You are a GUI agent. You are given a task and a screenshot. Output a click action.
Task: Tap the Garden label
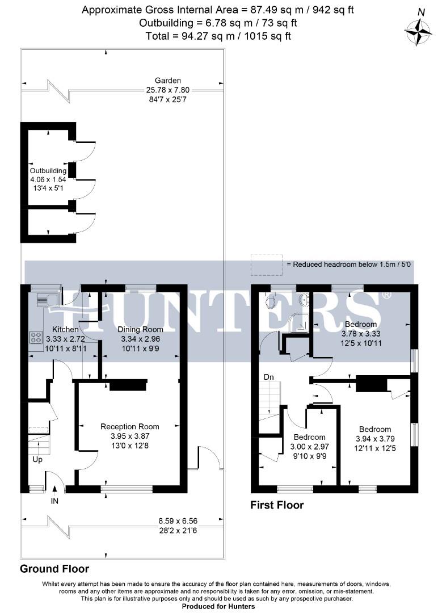pos(168,81)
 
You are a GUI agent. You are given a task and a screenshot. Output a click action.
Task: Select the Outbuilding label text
pos(48,170)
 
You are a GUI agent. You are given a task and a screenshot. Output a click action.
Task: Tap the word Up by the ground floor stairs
pos(37,459)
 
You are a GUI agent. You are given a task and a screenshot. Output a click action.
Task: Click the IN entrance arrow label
pos(54,502)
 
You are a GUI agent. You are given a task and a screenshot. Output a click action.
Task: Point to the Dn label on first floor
pos(268,377)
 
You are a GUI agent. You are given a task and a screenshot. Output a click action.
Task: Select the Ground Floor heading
pos(54,568)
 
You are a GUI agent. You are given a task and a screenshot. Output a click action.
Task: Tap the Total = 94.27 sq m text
pos(218,36)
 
